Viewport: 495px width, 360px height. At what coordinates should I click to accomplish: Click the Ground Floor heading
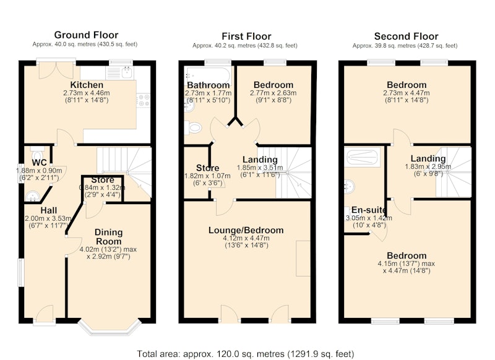[x=86, y=35]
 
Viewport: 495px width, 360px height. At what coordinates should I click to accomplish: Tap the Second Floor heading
[x=406, y=36]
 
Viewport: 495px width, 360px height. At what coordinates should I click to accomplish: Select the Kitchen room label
[x=87, y=85]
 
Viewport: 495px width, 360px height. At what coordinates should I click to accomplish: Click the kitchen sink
[x=119, y=73]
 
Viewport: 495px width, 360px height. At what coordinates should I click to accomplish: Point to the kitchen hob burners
[x=143, y=100]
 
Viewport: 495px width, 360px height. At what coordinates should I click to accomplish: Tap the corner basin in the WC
[x=32, y=197]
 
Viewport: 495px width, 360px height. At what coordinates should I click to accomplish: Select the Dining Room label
[x=109, y=237]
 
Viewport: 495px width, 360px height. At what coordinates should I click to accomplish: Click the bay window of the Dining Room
[x=110, y=328]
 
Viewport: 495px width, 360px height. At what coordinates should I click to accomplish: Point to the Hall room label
[x=49, y=210]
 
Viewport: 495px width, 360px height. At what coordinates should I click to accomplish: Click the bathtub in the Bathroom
[x=209, y=75]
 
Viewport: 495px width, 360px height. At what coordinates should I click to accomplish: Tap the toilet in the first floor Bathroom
[x=193, y=128]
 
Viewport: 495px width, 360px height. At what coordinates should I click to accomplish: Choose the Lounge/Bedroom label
[x=246, y=230]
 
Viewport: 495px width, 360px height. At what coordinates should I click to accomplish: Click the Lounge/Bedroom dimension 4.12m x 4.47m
[x=246, y=238]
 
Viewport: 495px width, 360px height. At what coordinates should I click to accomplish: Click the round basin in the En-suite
[x=350, y=186]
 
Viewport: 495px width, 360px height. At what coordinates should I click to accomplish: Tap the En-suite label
[x=368, y=210]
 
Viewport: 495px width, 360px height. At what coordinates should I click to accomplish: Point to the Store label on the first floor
[x=207, y=168]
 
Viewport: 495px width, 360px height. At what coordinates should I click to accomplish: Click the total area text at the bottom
[x=246, y=354]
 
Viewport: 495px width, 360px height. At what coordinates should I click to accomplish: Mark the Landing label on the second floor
[x=428, y=158]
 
